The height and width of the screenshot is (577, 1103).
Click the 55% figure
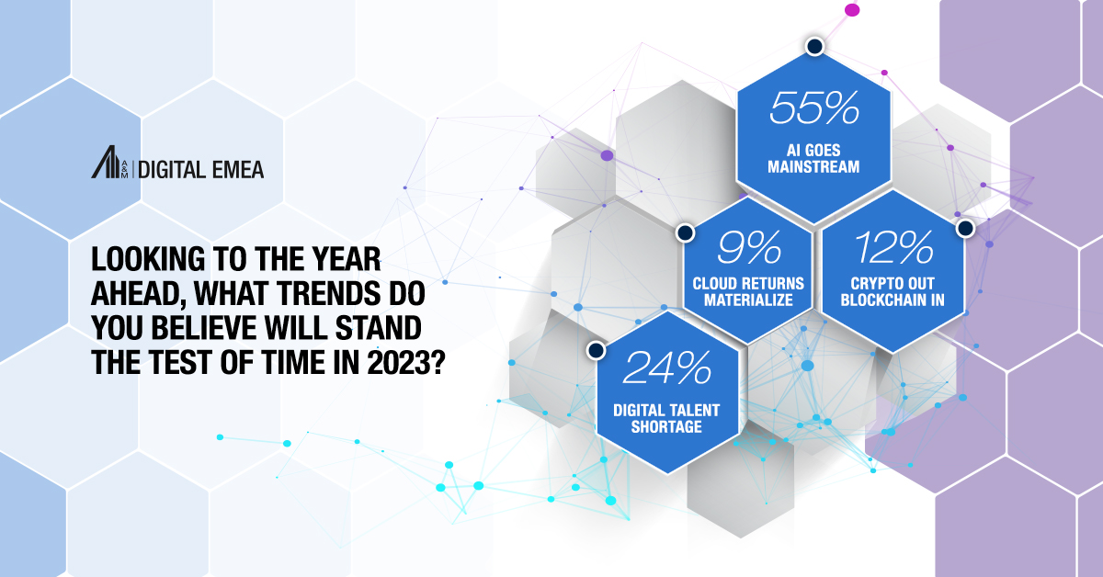tap(813, 107)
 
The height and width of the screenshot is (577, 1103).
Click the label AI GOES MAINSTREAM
tap(813, 158)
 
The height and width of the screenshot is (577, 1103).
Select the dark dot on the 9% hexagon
tap(684, 232)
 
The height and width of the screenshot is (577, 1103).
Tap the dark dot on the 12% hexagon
tap(964, 226)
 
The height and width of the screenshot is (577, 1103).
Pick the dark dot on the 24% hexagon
tap(596, 350)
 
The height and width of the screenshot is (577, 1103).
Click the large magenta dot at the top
tap(851, 10)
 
